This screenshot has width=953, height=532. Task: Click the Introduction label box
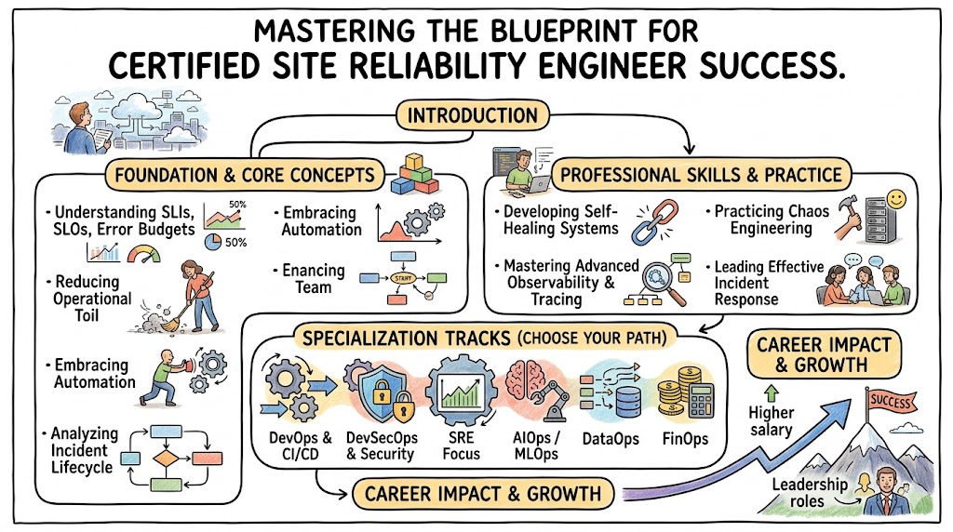point(474,116)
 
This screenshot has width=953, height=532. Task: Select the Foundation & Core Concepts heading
point(240,174)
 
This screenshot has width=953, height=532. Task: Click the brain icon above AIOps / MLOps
point(526,382)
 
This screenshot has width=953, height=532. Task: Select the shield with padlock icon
point(377,391)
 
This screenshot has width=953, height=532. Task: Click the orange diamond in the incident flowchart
point(167,459)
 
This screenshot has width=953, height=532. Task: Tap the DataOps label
point(609,438)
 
